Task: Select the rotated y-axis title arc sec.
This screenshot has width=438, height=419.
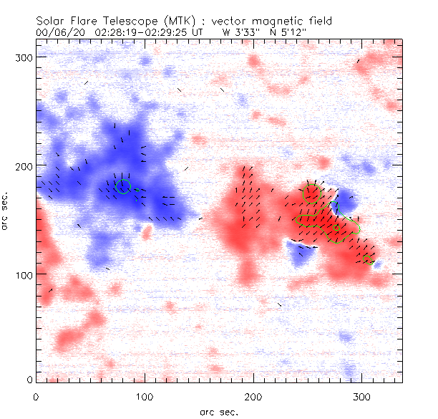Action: coord(6,212)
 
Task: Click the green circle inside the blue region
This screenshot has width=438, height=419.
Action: coord(123,187)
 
